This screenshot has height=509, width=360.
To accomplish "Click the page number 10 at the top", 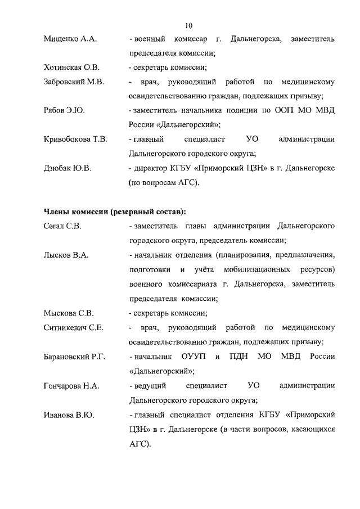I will [188, 25].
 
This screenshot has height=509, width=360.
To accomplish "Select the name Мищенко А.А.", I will [70, 39].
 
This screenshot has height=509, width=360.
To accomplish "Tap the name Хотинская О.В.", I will [71, 68].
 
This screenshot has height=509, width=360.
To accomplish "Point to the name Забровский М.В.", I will [74, 82].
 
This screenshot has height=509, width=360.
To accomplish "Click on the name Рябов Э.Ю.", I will [64, 110].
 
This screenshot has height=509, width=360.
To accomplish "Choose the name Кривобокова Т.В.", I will [75, 139].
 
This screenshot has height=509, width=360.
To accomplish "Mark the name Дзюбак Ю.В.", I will [67, 168].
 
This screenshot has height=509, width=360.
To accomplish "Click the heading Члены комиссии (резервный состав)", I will [115, 211].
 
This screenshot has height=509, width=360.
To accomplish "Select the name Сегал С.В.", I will [62, 226].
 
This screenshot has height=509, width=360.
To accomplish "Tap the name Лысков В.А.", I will [66, 255].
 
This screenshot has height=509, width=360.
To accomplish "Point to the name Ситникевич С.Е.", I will [73, 327].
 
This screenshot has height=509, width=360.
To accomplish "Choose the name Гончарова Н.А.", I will [71, 386].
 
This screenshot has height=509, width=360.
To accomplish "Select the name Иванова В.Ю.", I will [69, 415].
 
